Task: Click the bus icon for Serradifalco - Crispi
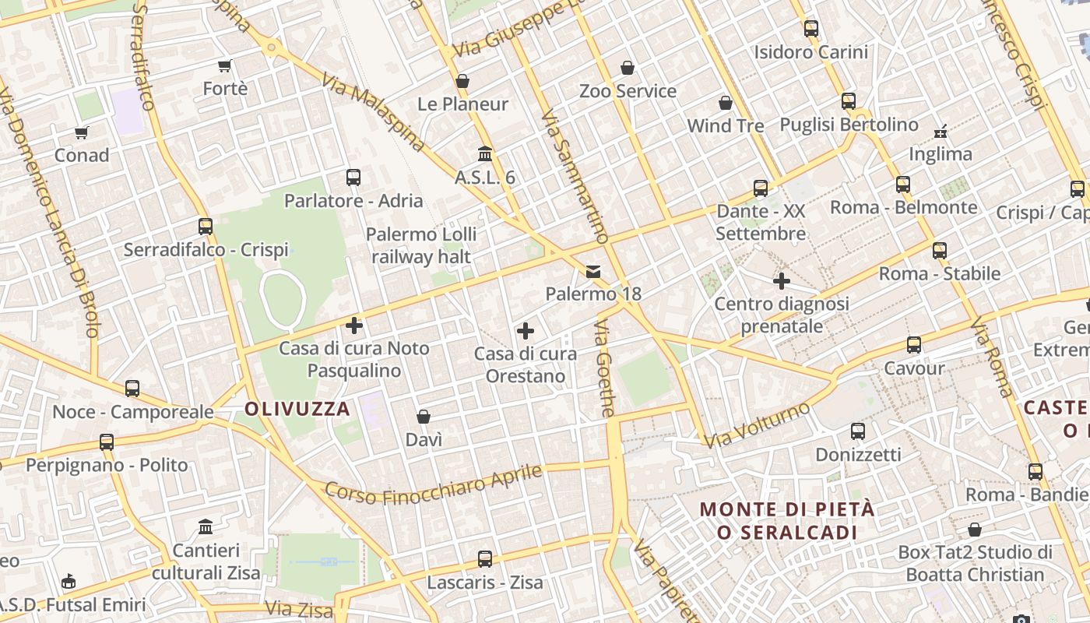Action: click(206, 227)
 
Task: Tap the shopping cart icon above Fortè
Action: click(225, 66)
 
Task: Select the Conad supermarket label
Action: click(82, 155)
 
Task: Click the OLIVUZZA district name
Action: click(297, 408)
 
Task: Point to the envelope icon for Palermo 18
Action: click(593, 271)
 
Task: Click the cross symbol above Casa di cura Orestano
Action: click(526, 331)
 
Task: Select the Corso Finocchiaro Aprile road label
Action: click(434, 483)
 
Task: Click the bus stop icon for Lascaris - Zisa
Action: click(485, 558)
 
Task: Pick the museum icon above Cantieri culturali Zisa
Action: click(206, 527)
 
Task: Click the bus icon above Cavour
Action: click(914, 344)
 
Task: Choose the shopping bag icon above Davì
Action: click(424, 417)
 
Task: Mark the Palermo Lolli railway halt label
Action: click(421, 245)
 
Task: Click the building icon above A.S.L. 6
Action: click(485, 153)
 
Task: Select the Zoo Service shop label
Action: click(628, 91)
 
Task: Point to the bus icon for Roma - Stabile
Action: click(940, 250)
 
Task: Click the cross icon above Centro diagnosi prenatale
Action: click(782, 280)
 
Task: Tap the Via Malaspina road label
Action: click(374, 114)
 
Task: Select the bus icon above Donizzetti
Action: click(858, 431)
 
